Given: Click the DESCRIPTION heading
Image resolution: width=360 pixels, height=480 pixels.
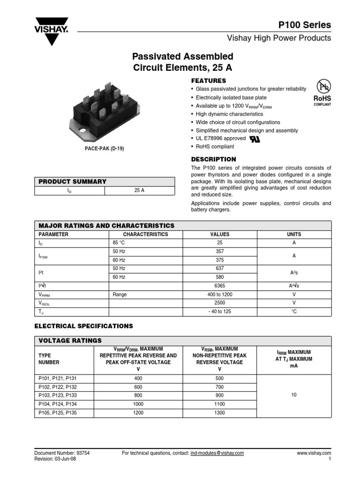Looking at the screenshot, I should pos(214,159).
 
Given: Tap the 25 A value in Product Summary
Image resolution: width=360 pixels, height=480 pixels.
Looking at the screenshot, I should pos(139,191).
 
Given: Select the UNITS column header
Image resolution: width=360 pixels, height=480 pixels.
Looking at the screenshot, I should pos(294,234).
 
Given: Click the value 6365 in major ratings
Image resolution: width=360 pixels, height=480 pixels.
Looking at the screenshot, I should pos(220,286).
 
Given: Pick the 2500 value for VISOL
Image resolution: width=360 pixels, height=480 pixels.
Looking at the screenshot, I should pos(220,303).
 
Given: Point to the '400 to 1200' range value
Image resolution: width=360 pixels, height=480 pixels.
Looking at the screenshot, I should pos(220,294).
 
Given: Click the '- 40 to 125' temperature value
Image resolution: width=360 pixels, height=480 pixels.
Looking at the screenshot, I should pos(220,312).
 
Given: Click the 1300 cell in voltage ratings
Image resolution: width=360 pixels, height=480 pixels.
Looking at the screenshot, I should pos(219,413).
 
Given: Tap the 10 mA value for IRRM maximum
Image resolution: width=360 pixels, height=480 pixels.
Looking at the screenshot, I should pos(294,396).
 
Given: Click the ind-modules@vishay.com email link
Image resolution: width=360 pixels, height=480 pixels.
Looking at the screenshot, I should pos(217,453).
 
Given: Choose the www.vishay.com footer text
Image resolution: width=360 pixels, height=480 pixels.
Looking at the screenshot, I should pos(314,453).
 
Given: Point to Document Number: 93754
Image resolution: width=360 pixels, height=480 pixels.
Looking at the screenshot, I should pos(62,453).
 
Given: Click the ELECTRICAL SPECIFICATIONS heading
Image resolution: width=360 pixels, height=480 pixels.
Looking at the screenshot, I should pos(84,326).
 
